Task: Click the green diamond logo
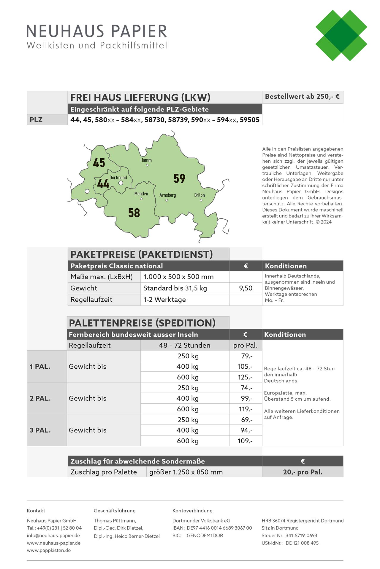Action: pyautogui.click(x=341, y=36)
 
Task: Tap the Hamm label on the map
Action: pyautogui.click(x=146, y=160)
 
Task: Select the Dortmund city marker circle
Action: pyautogui.click(x=121, y=183)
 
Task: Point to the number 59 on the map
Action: pyautogui.click(x=179, y=178)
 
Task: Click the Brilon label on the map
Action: pyautogui.click(x=199, y=195)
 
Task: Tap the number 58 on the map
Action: pyautogui.click(x=134, y=213)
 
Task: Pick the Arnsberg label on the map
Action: pyautogui.click(x=167, y=195)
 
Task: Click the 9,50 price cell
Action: pyautogui.click(x=246, y=288)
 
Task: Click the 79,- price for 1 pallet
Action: pyautogui.click(x=246, y=356)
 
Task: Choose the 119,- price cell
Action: pyautogui.click(x=246, y=409)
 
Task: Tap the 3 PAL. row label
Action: pyautogui.click(x=40, y=430)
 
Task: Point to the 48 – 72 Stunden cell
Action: pyautogui.click(x=185, y=345)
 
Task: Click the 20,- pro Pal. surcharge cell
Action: pyautogui.click(x=303, y=472)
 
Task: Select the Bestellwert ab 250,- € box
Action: pyautogui.click(x=302, y=97)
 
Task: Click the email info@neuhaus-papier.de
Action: pyautogui.click(x=53, y=536)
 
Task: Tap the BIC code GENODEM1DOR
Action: pyautogui.click(x=205, y=536)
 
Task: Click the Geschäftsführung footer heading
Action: pyautogui.click(x=115, y=511)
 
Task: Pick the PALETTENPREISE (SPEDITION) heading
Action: pyautogui.click(x=142, y=323)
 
